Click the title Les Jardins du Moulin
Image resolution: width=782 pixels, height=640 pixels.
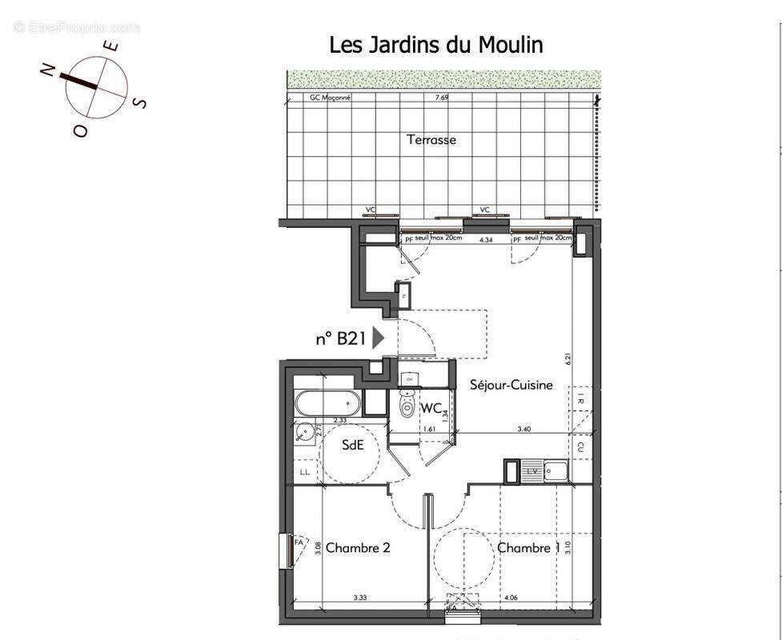(435, 45)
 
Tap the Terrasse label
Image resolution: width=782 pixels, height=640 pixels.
(431, 139)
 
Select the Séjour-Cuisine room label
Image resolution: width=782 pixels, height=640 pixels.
(511, 385)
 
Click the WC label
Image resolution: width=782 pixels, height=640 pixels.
(431, 408)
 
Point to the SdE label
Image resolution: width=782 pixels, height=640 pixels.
(353, 444)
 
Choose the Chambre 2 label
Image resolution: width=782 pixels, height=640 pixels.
(358, 548)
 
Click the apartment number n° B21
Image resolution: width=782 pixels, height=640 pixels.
(340, 338)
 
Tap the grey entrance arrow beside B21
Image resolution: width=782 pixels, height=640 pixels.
(379, 338)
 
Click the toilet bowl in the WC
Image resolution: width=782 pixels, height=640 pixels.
(408, 406)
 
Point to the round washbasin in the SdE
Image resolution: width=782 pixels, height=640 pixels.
(304, 433)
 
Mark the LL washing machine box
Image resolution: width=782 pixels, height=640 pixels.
(305, 472)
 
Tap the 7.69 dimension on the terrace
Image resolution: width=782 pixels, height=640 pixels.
(441, 98)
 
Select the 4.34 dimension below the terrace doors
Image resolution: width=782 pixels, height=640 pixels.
(485, 239)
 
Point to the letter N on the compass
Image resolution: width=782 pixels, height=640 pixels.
(46, 71)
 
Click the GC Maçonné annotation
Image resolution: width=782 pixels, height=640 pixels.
(330, 98)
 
